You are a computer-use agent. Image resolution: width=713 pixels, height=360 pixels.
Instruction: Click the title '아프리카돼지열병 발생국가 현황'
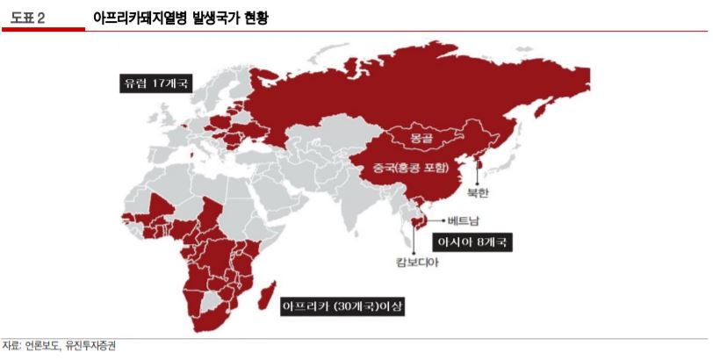tap(179, 17)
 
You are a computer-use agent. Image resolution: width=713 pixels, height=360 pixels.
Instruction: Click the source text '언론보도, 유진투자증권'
tap(70, 346)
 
